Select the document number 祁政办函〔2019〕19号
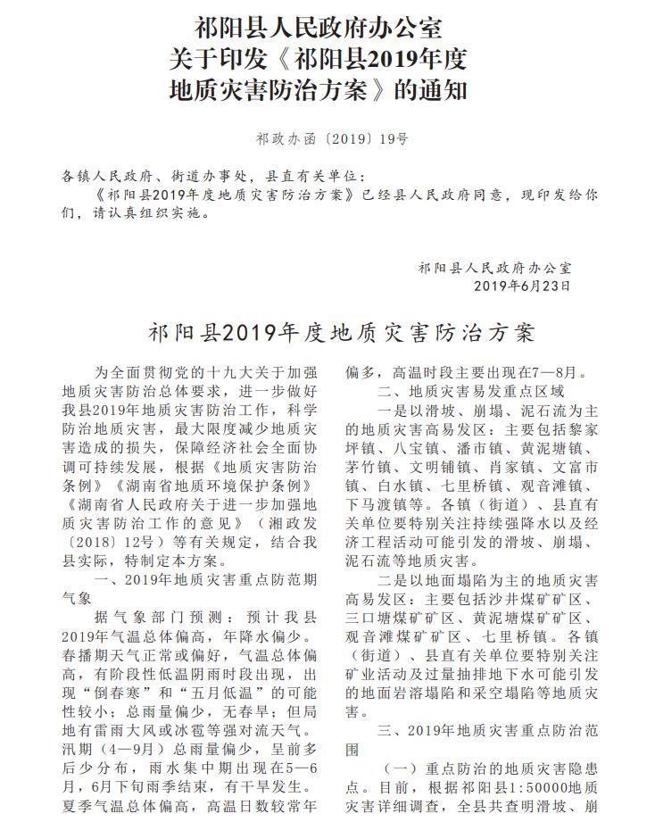pos(332,138)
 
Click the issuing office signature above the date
pos(495,267)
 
